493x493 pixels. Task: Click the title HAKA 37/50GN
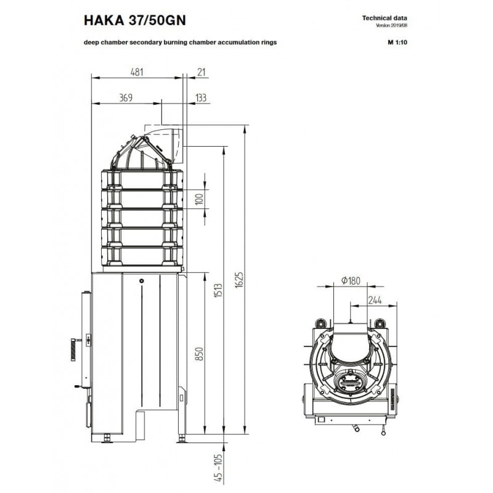134,20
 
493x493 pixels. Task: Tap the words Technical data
385,18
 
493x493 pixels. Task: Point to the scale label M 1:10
397,42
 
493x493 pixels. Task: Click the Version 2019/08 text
391,25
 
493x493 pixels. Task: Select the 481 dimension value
137,72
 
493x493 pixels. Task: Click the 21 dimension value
202,72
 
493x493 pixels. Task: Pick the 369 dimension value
126,98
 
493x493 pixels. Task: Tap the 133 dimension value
201,98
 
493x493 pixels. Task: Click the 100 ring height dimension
199,199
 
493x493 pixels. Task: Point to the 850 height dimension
199,354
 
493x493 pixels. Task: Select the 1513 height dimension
218,290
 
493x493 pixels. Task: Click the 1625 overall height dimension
239,280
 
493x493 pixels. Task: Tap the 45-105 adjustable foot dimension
218,468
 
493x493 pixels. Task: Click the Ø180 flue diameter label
351,280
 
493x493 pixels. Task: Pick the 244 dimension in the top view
375,300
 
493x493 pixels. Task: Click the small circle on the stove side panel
142,281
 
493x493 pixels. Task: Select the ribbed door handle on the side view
73,349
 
